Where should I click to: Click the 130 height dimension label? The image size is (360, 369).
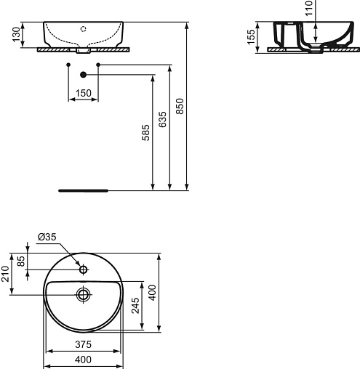coord(17,34)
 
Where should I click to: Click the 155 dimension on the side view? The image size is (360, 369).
coord(251,37)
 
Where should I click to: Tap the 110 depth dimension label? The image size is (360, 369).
coord(309,8)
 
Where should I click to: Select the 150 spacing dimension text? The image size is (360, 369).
coord(84,93)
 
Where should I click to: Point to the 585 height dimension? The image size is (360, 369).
coord(145,133)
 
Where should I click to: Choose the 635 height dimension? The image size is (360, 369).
coord(163,119)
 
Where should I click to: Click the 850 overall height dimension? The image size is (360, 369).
coord(180,106)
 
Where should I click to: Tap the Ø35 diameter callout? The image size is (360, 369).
coord(47,237)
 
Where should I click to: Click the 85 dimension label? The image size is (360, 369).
coord(22,261)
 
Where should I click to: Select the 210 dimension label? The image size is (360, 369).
coord(5,274)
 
